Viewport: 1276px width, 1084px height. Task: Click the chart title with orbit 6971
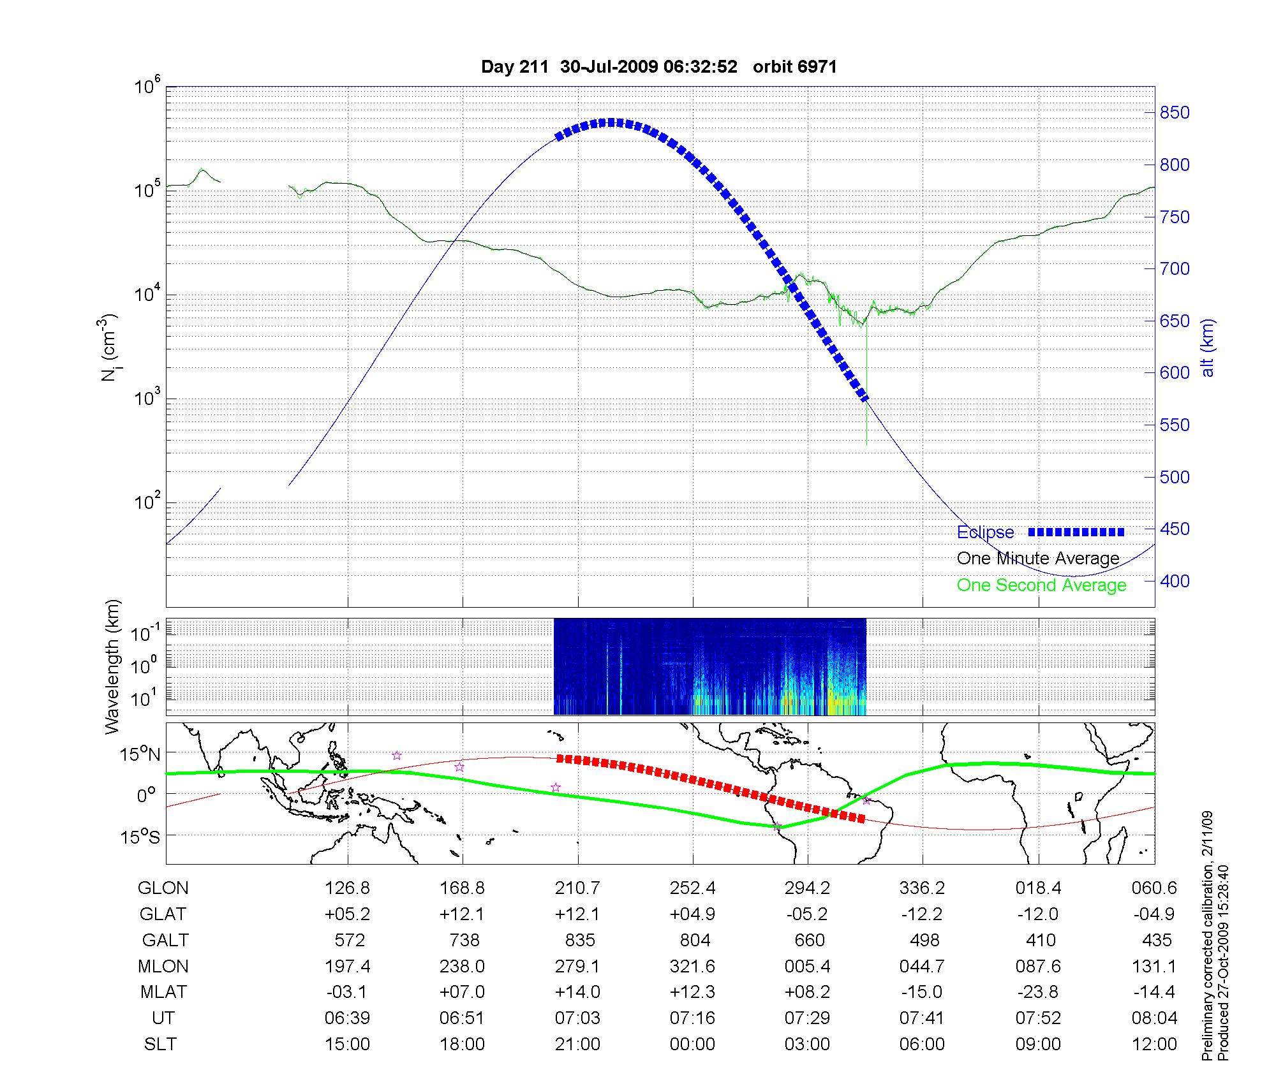pyautogui.click(x=658, y=67)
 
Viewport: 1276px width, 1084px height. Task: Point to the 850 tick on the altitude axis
pyautogui.click(x=1175, y=113)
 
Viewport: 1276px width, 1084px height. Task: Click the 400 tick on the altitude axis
pyautogui.click(x=1175, y=581)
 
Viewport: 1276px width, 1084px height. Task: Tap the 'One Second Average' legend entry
pyautogui.click(x=1041, y=585)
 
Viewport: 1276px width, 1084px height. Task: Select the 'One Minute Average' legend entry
pyautogui.click(x=1038, y=559)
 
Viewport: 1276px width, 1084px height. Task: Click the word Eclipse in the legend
pyautogui.click(x=985, y=532)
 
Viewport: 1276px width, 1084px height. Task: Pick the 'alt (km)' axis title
pyautogui.click(x=1208, y=348)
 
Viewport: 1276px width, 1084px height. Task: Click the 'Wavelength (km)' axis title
pyautogui.click(x=112, y=667)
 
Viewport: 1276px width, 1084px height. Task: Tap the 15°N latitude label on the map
pyautogui.click(x=140, y=755)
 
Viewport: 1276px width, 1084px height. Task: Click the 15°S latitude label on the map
pyautogui.click(x=140, y=836)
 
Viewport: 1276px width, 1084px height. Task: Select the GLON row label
pyautogui.click(x=163, y=888)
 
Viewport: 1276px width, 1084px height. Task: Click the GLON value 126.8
pyautogui.click(x=347, y=888)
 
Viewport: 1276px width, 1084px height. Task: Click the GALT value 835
pyautogui.click(x=579, y=941)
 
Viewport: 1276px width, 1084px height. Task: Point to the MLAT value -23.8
pyautogui.click(x=1037, y=992)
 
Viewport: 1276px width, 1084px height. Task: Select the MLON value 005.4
pyautogui.click(x=807, y=967)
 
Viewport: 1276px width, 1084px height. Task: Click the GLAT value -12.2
pyautogui.click(x=922, y=914)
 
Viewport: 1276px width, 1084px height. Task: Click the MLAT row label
pyautogui.click(x=163, y=992)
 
